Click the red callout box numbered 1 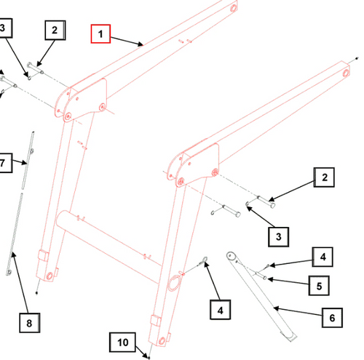pyautogui.click(x=100, y=33)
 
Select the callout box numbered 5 pyautogui.click(x=319, y=286)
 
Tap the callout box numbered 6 pyautogui.click(x=332, y=318)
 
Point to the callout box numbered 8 pyautogui.click(x=30, y=323)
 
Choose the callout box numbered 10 pyautogui.click(x=122, y=342)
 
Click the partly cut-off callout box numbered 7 pyautogui.click(x=5, y=163)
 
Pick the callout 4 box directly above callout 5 pyautogui.click(x=323, y=257)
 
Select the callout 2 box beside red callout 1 pyautogui.click(x=55, y=31)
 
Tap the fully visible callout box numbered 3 pyautogui.click(x=279, y=237)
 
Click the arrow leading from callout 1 pyautogui.click(x=127, y=41)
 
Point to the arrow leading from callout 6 pyautogui.click(x=298, y=312)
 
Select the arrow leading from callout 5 pyautogui.click(x=288, y=281)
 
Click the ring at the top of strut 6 pyautogui.click(x=230, y=255)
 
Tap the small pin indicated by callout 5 pyautogui.click(x=261, y=276)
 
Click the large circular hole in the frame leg pyautogui.click(x=174, y=283)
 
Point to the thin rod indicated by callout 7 pyautogui.click(x=28, y=160)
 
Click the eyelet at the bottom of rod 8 pyautogui.click(x=9, y=273)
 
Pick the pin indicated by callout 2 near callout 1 pyautogui.click(x=35, y=68)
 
